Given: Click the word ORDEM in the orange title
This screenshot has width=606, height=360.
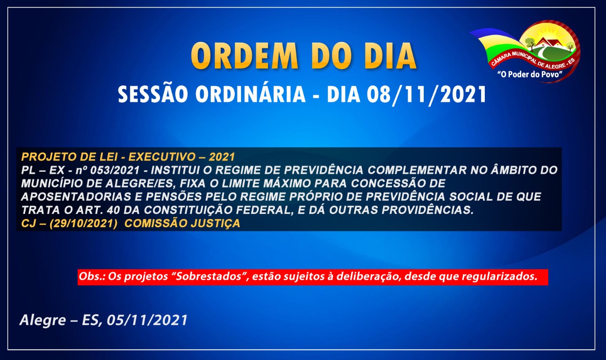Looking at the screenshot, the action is coord(244,56).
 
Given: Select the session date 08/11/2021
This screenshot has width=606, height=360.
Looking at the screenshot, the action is coord(427,95).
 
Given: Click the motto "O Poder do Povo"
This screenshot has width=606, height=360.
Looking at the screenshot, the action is coord(530,74).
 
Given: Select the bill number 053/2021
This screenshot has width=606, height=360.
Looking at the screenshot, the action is coord(115,170).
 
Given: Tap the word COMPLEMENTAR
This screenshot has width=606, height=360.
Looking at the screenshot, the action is coord(417,170).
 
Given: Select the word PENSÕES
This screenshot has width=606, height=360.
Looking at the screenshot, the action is coord(174,196).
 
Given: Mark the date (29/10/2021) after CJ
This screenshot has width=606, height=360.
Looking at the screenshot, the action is coord(83,223).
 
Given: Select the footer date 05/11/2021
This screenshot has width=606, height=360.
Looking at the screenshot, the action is coord(147,320).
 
